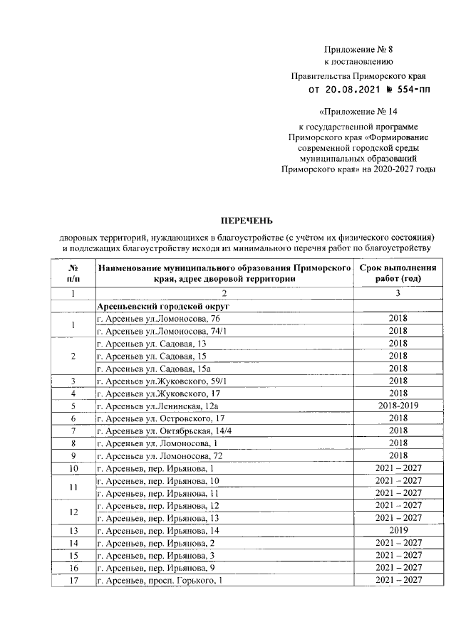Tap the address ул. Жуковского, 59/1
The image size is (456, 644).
(x=162, y=381)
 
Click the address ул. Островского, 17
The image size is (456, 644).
(x=161, y=418)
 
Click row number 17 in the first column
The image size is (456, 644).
(x=73, y=581)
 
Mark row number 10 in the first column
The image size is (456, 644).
(x=73, y=468)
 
